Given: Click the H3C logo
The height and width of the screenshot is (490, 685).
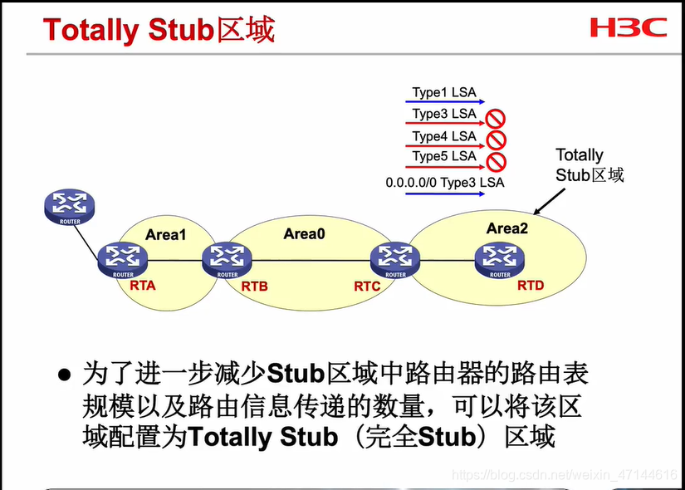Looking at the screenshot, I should click(x=629, y=28).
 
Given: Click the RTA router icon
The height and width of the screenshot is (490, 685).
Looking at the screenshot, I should click(x=122, y=260).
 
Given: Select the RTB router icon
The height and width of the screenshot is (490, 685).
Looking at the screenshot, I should click(x=227, y=260).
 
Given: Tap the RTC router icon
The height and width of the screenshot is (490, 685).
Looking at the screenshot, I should click(x=395, y=260).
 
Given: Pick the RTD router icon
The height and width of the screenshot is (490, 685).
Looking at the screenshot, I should click(x=500, y=260).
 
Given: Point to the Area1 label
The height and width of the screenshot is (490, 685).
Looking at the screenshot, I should click(x=166, y=235).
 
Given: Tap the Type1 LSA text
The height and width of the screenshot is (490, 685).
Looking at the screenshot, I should click(x=443, y=93).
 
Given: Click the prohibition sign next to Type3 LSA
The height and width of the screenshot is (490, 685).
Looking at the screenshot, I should click(x=497, y=118).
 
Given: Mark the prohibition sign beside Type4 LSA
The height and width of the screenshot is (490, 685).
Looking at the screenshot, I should click(x=497, y=139).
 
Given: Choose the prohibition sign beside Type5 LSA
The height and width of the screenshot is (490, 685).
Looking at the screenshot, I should click(x=497, y=159).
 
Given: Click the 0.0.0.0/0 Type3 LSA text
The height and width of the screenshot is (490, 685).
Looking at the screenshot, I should click(x=444, y=182).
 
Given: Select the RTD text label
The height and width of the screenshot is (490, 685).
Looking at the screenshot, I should click(x=531, y=286).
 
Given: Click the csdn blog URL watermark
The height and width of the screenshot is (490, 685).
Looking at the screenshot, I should click(x=565, y=475).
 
